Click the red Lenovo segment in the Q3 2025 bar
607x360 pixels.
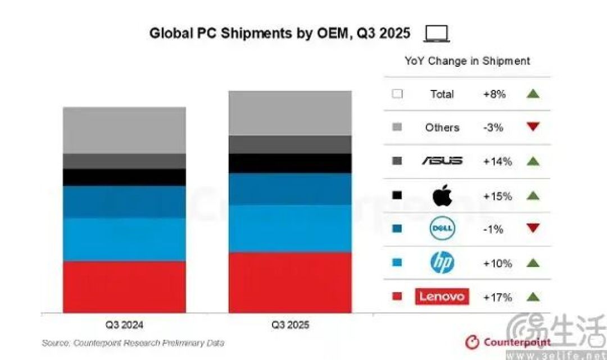(x=290, y=282)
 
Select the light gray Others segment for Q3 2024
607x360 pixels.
(x=124, y=130)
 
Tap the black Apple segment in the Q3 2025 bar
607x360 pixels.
(x=290, y=163)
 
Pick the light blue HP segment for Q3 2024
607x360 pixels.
(x=124, y=240)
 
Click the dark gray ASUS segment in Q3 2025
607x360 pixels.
(x=290, y=144)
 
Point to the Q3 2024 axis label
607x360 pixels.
(x=124, y=325)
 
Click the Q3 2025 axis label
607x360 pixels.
(x=290, y=325)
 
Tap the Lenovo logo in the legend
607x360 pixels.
(x=442, y=297)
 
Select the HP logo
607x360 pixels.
(x=442, y=262)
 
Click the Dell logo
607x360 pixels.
(x=442, y=228)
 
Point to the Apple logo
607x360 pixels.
(x=442, y=195)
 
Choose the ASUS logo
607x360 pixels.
(x=442, y=161)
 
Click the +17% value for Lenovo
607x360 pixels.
(x=497, y=297)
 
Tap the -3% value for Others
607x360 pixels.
(x=493, y=127)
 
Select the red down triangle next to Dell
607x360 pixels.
(x=533, y=228)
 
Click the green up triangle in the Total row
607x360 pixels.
(x=533, y=94)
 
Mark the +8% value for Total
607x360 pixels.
(x=495, y=94)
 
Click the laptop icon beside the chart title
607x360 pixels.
(x=437, y=33)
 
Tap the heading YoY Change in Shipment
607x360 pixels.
(x=467, y=61)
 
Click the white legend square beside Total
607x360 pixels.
(x=397, y=94)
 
